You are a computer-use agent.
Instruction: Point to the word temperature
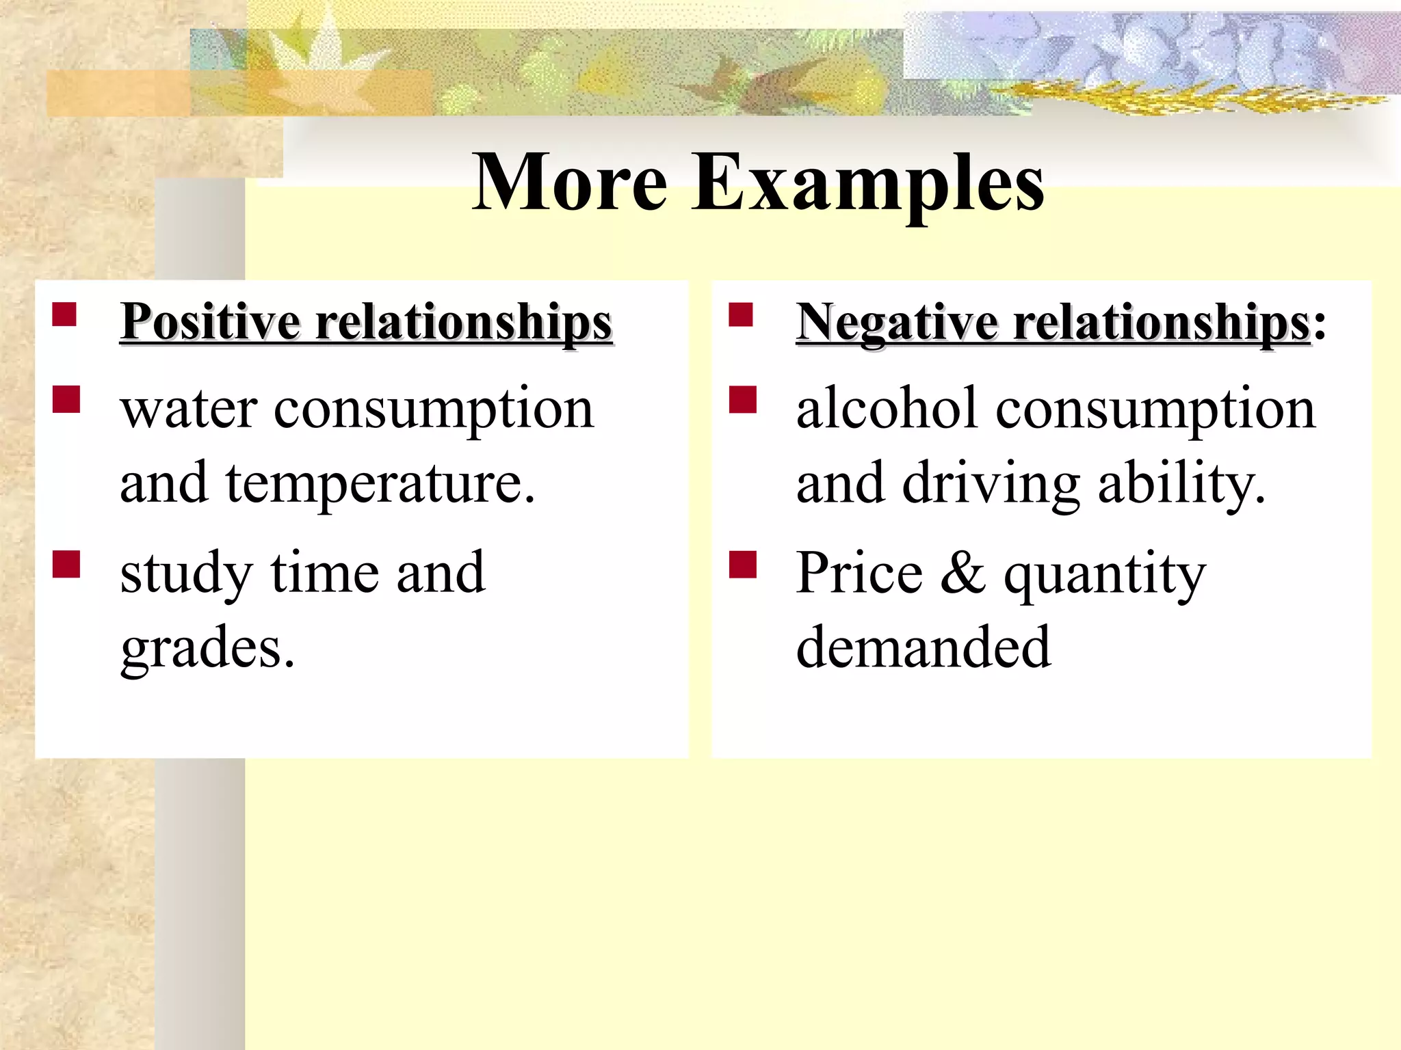[x=380, y=485]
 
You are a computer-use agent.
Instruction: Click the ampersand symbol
[x=963, y=574]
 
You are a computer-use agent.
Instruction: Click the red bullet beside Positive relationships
[x=64, y=315]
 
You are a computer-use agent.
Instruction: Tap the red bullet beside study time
[x=66, y=565]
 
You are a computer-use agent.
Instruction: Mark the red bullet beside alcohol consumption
[x=743, y=400]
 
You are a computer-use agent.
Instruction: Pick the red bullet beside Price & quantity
[x=743, y=565]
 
